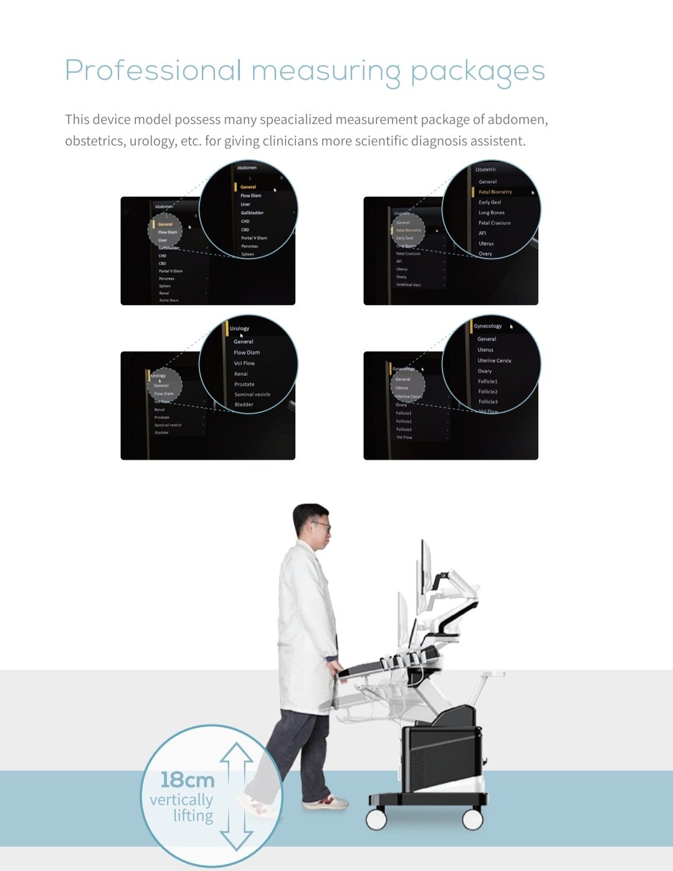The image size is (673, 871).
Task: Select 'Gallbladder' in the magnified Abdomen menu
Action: click(252, 213)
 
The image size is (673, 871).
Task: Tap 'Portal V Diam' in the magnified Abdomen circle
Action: click(254, 238)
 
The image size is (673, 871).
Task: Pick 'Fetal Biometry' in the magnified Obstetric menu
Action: click(495, 192)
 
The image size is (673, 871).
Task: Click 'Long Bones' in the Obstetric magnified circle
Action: click(491, 213)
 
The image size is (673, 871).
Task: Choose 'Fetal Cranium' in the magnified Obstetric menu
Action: click(494, 223)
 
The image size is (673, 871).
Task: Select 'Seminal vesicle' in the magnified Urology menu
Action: click(252, 394)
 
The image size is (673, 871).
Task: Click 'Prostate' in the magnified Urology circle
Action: click(244, 384)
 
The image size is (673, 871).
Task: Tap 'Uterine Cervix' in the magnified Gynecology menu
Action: click(494, 361)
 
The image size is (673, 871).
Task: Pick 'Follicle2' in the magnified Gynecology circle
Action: click(488, 392)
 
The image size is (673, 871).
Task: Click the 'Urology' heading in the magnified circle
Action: click(239, 328)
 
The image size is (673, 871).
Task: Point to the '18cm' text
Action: click(187, 780)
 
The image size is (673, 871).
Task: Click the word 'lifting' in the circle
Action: click(193, 816)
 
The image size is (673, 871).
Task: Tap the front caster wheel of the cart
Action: click(376, 819)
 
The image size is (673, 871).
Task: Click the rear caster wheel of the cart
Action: click(472, 819)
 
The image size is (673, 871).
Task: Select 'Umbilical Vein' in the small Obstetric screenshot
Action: click(408, 285)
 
